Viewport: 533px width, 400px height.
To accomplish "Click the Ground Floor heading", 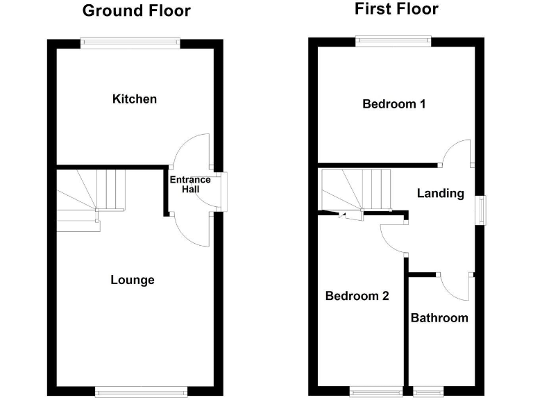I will point(136,11).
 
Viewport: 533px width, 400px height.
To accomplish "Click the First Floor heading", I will point(396,9).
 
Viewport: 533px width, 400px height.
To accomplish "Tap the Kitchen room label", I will point(135,99).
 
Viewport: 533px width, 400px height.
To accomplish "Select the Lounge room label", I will point(133,281).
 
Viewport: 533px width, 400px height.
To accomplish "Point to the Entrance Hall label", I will point(190,184).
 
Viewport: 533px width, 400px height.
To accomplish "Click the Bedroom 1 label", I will point(394,104).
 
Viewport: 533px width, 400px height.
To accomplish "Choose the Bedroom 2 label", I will point(357,296).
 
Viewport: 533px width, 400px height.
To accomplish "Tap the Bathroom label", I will point(439,318).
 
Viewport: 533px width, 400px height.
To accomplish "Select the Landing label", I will point(440,194).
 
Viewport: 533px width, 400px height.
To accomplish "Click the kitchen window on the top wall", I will point(130,42).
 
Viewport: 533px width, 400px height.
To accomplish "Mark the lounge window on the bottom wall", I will point(142,392).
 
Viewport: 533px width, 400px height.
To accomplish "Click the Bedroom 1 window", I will point(394,41).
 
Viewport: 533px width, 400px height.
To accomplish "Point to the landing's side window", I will point(480,210).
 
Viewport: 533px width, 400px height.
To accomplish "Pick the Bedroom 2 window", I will point(376,392).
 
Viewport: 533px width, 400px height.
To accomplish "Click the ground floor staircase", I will point(90,191).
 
